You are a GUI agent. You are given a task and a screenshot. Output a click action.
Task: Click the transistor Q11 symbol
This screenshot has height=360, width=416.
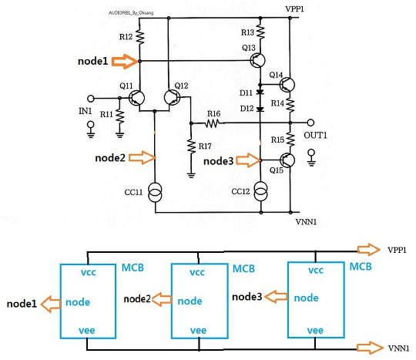[136, 98]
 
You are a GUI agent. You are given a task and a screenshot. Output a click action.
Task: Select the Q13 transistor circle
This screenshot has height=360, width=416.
[257, 60]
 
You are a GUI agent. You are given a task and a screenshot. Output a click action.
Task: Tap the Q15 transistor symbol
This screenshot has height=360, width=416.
[287, 160]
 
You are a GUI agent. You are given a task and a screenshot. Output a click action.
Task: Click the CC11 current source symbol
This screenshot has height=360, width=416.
[155, 192]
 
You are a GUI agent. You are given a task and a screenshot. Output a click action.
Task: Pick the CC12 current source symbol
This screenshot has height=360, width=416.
[261, 191]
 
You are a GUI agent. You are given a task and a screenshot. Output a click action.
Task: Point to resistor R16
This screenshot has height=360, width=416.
[213, 123]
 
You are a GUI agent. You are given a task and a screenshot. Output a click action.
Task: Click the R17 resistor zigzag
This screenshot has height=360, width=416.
[191, 146]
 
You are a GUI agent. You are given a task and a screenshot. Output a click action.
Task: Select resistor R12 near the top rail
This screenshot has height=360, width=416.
[139, 37]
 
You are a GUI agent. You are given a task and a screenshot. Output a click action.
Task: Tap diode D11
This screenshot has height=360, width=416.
[260, 93]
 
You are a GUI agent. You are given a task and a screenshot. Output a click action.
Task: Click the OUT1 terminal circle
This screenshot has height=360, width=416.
[310, 123]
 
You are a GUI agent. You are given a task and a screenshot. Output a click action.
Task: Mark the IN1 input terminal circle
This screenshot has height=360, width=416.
[91, 99]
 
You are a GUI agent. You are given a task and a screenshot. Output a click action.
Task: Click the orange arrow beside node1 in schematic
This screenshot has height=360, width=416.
[124, 62]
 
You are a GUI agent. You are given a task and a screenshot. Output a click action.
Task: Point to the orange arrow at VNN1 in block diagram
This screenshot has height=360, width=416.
[370, 348]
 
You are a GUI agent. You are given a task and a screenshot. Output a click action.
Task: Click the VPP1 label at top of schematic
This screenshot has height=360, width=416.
[294, 8]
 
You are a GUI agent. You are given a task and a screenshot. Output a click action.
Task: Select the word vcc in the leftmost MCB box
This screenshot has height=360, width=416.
[88, 272]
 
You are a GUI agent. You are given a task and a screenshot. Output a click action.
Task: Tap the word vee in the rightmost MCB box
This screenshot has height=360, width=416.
[315, 330]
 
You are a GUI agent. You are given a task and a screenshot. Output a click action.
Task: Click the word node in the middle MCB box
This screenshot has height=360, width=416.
[190, 301]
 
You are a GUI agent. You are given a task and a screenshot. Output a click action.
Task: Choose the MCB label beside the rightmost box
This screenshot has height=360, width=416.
[361, 266]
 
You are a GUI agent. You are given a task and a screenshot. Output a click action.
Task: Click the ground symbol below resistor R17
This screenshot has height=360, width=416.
[191, 175]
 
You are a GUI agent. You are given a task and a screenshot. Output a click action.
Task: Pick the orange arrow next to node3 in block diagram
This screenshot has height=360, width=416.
[276, 297]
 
